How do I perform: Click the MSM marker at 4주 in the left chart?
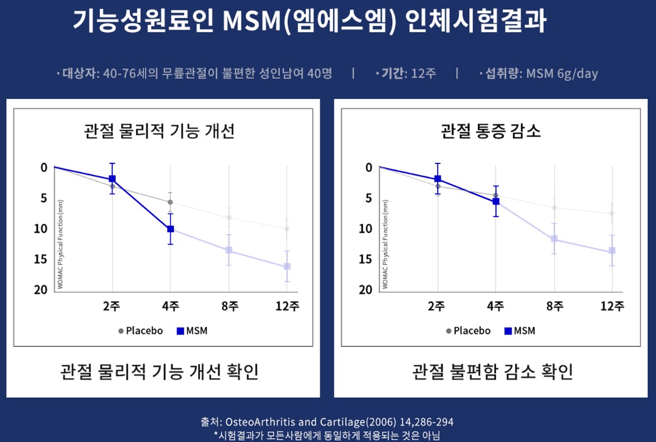(170, 229)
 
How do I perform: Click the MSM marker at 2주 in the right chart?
(438, 179)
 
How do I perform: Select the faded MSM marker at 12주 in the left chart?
(287, 266)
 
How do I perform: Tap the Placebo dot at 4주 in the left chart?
(170, 202)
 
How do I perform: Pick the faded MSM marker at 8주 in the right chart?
(554, 239)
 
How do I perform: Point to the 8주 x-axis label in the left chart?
(228, 306)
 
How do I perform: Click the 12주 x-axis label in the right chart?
(612, 306)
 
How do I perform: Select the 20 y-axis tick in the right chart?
(365, 290)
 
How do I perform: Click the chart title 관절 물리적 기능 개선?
(159, 131)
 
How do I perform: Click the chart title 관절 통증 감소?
(491, 131)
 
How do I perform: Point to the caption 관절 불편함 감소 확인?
(493, 372)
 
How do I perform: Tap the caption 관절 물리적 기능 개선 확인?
(159, 372)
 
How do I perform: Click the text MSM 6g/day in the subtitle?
(562, 73)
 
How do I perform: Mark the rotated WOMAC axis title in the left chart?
(60, 244)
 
